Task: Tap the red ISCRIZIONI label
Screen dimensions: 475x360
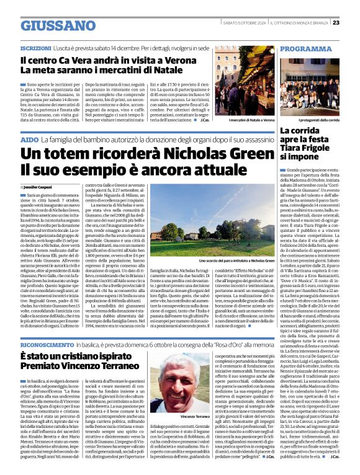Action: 35,48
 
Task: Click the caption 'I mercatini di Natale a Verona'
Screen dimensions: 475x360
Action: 252,120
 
